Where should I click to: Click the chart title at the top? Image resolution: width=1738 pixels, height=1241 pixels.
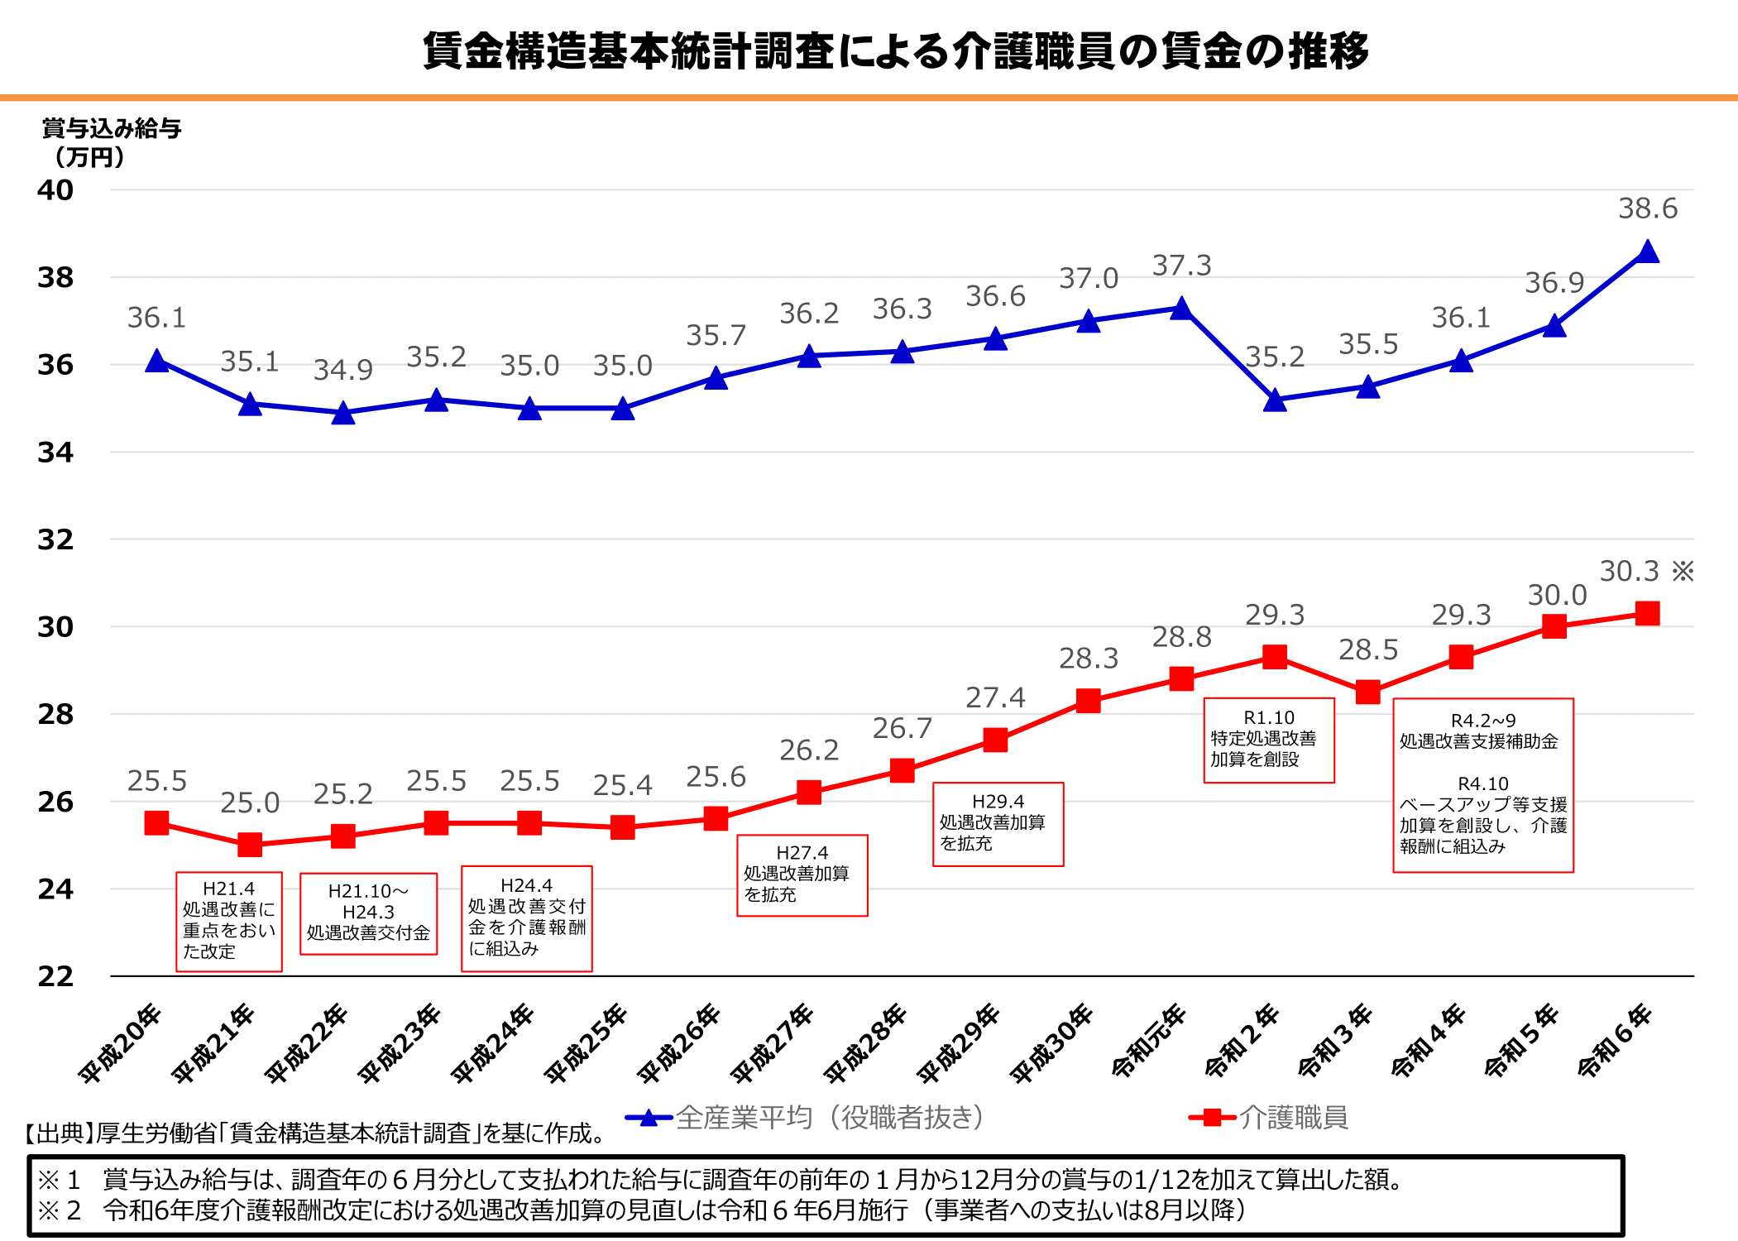tap(896, 51)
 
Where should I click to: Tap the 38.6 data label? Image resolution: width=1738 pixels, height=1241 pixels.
tap(1648, 208)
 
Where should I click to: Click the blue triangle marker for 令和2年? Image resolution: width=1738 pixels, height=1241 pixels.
tap(1276, 401)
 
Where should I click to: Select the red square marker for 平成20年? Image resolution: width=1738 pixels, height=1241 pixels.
tap(156, 822)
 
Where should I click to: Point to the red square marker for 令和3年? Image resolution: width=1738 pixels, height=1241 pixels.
tap(1368, 692)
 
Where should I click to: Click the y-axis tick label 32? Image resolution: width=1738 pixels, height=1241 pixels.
tap(55, 539)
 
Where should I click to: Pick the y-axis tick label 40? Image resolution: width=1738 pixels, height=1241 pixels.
tap(55, 190)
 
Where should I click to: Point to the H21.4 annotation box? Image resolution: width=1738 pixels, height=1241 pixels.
tap(229, 921)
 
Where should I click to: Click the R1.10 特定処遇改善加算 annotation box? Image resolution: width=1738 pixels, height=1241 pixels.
tap(1269, 740)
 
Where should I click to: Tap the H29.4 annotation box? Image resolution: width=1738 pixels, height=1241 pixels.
tap(998, 824)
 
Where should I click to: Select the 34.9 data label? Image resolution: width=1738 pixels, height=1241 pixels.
tap(343, 370)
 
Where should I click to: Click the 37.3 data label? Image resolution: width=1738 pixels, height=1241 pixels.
tap(1182, 266)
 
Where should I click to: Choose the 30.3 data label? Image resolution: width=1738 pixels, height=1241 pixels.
tap(1630, 571)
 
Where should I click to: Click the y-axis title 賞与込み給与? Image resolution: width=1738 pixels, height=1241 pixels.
tap(111, 129)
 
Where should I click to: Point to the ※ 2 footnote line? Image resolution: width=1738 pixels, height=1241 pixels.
tap(641, 1210)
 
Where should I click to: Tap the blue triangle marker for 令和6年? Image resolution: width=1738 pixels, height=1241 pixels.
tap(1648, 252)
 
